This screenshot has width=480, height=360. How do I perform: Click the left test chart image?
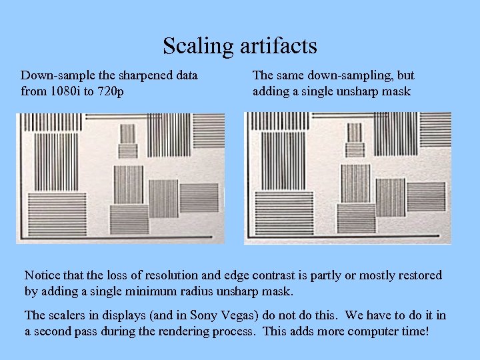tap(121, 178)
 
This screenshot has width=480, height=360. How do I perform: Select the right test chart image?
tap(348, 178)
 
